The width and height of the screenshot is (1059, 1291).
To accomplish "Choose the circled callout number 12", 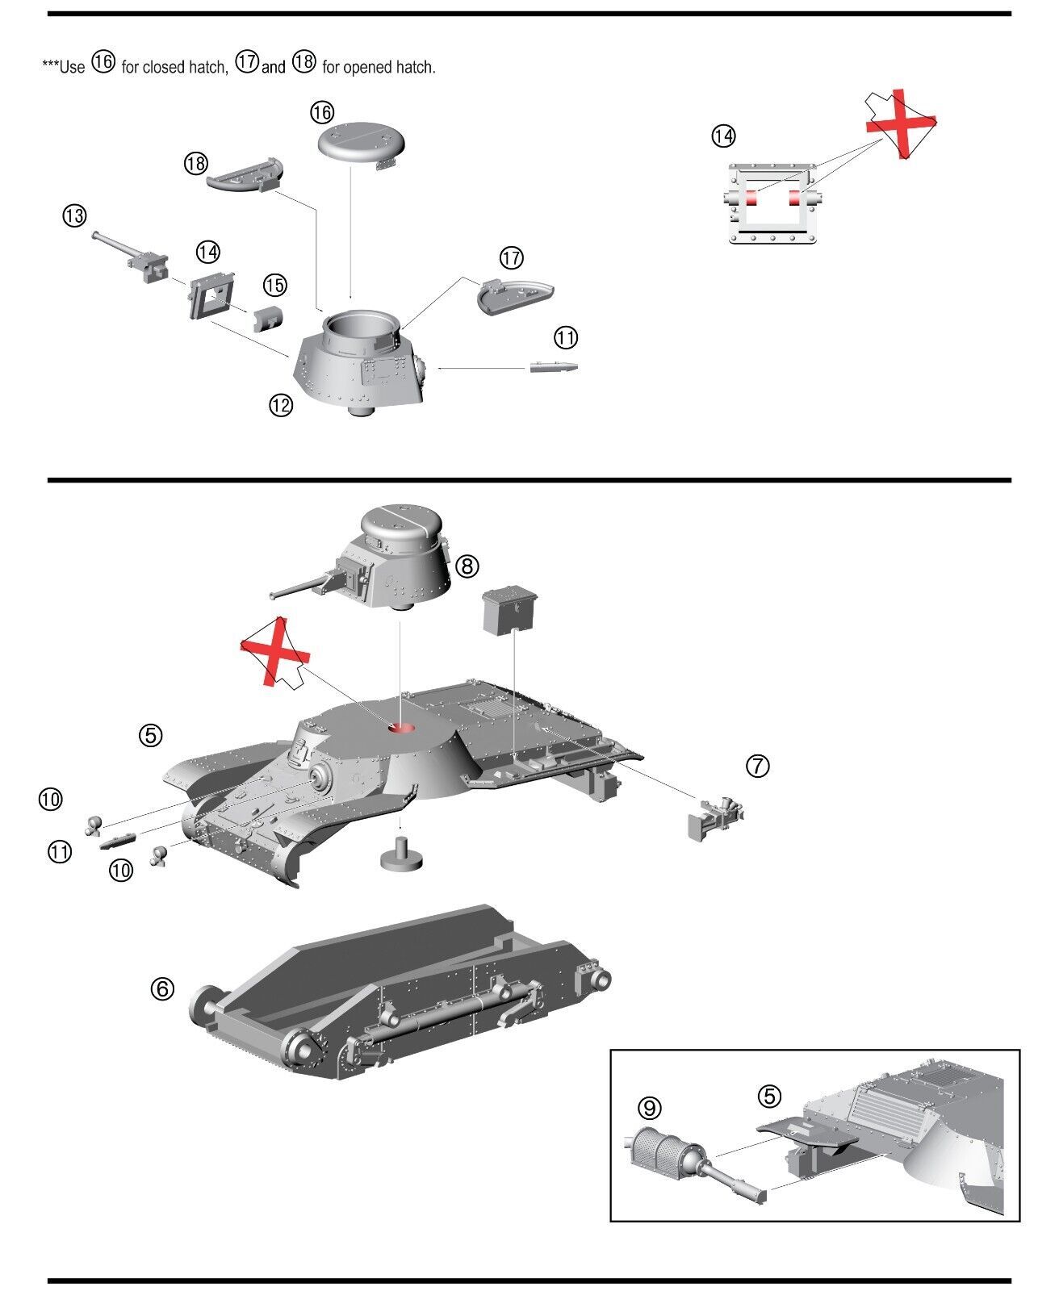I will click(x=280, y=406).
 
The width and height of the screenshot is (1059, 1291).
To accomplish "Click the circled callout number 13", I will click(x=74, y=215).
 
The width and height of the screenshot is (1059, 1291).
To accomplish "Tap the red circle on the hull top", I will click(x=401, y=728).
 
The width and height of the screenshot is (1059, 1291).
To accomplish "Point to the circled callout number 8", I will click(x=467, y=566).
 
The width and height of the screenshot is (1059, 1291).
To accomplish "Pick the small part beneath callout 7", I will click(x=714, y=818).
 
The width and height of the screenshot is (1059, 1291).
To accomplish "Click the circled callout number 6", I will click(x=162, y=988).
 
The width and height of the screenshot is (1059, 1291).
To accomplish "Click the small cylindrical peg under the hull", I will click(x=400, y=855).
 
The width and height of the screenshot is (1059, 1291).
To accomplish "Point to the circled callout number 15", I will click(x=274, y=285).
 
